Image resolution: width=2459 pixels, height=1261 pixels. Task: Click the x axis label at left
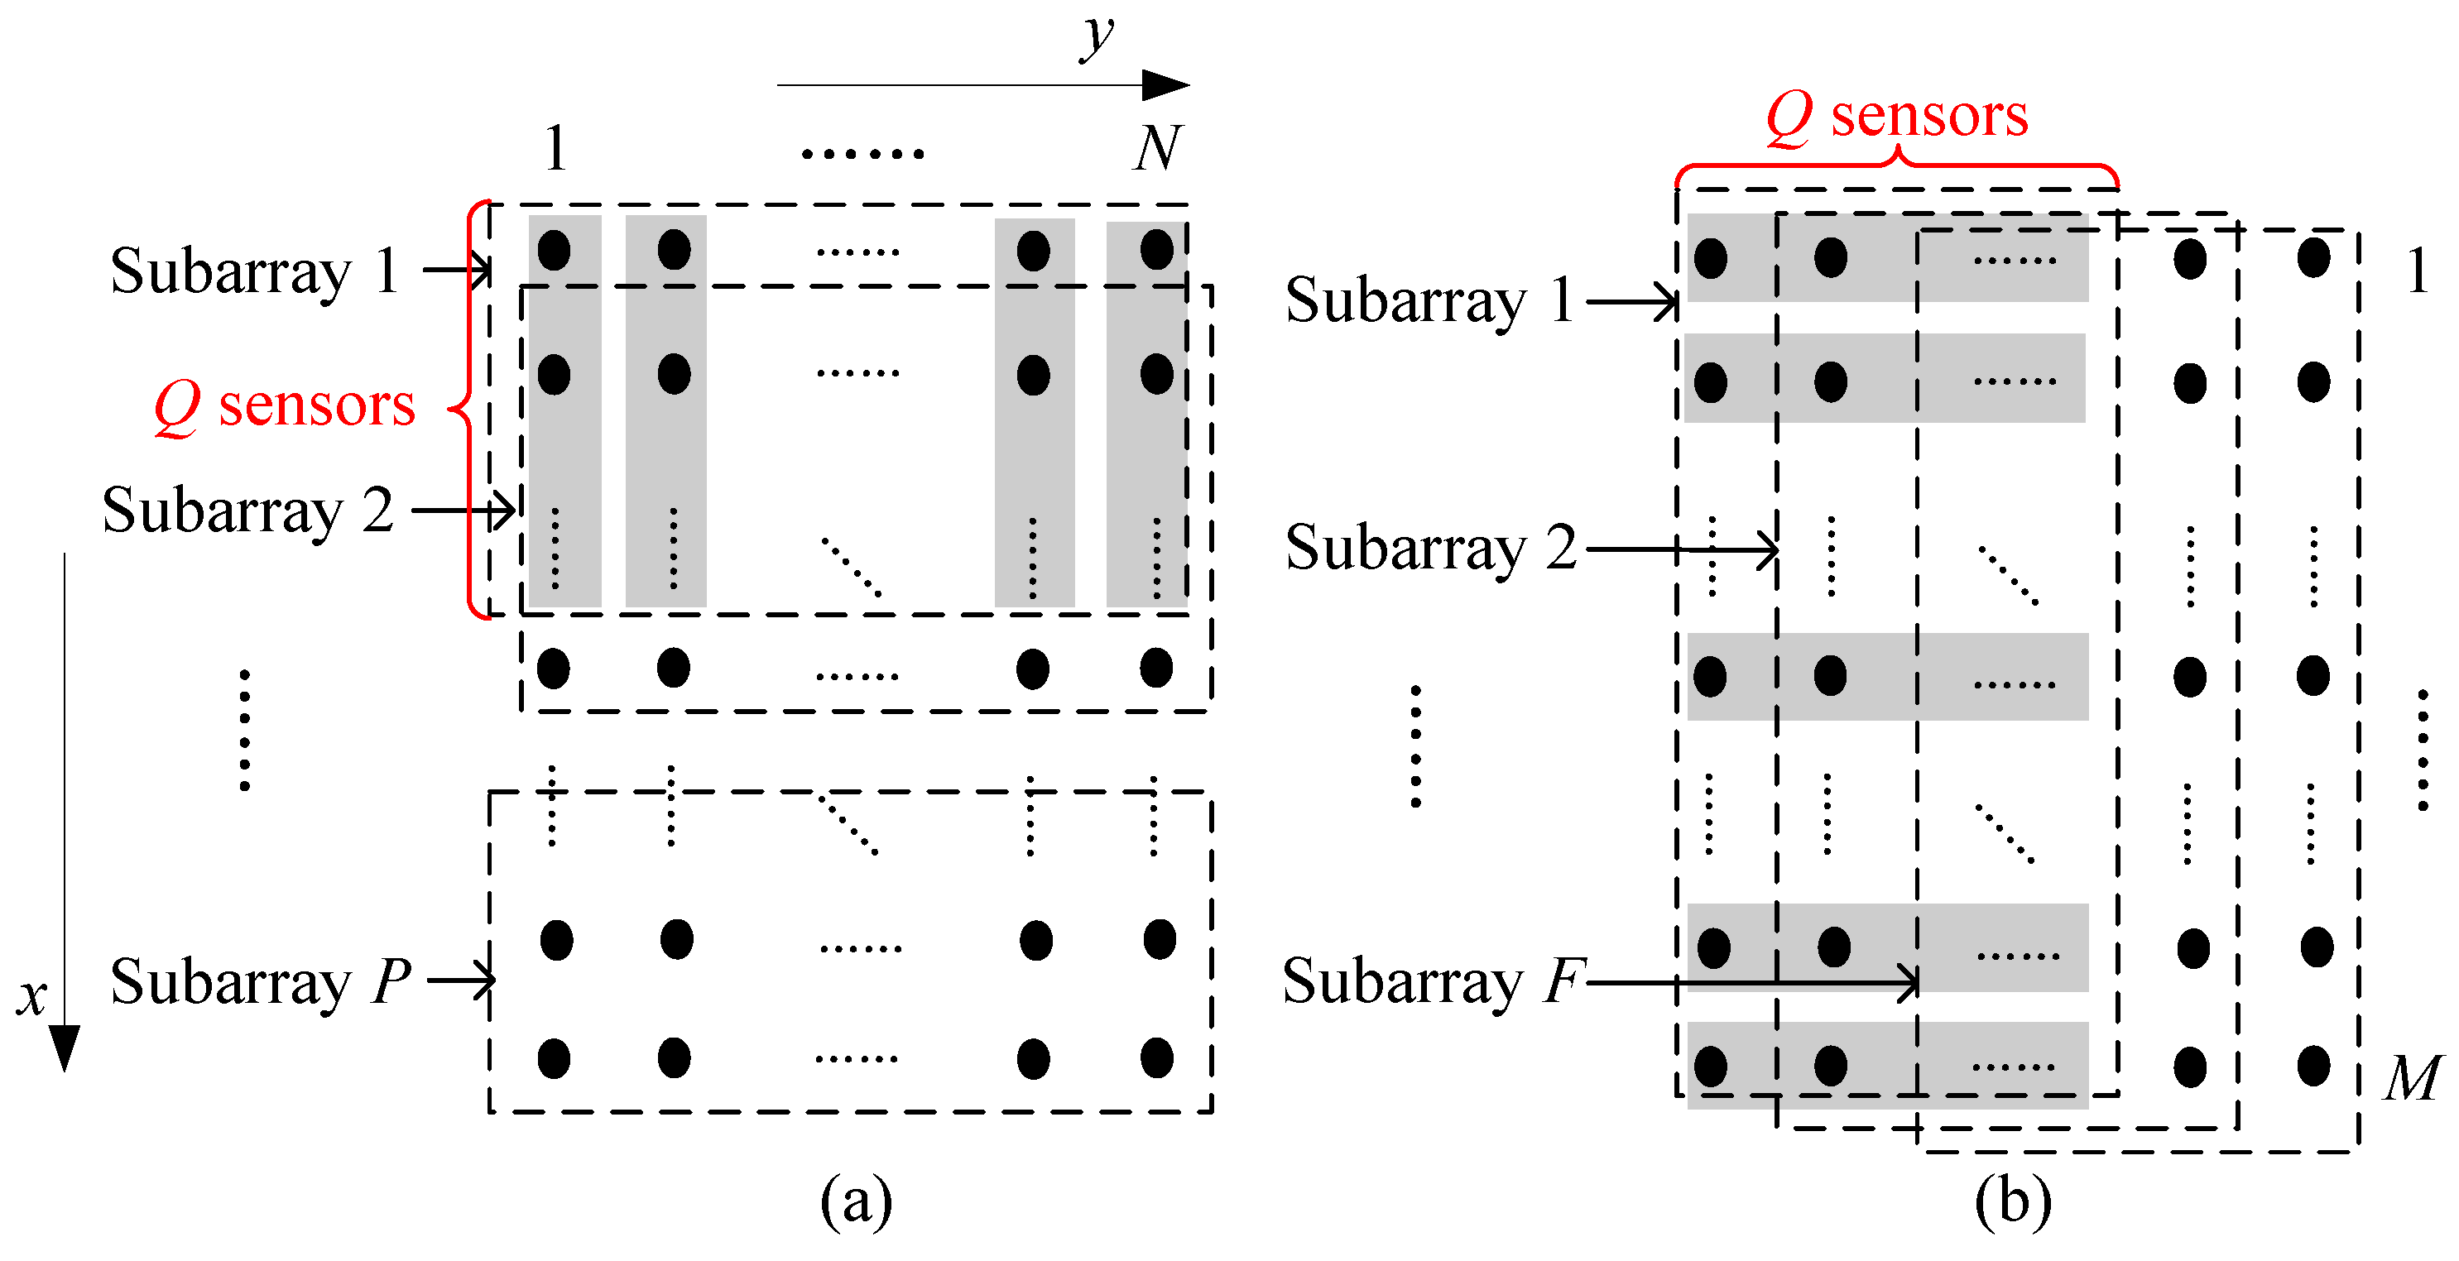(31, 998)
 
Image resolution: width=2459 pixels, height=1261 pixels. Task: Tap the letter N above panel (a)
(1158, 148)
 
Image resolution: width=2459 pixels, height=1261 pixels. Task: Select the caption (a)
(857, 1201)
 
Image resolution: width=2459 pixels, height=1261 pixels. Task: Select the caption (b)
(2012, 1201)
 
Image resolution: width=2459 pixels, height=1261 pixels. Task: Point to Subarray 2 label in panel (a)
(247, 510)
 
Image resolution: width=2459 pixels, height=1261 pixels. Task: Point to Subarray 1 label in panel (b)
(1429, 300)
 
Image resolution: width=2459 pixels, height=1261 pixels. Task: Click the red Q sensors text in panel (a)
(285, 405)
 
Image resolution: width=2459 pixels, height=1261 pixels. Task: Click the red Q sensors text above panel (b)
(1897, 117)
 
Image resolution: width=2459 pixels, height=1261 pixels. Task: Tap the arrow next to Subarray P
(461, 980)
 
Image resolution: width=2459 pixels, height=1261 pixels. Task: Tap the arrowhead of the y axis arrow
(1166, 85)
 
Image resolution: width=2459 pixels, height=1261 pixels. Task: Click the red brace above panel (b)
(1897, 167)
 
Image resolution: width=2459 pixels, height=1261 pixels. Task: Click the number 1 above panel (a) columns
(555, 149)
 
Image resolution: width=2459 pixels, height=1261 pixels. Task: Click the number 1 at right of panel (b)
(2417, 271)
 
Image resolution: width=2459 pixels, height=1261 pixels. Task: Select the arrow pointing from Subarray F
(1751, 981)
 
